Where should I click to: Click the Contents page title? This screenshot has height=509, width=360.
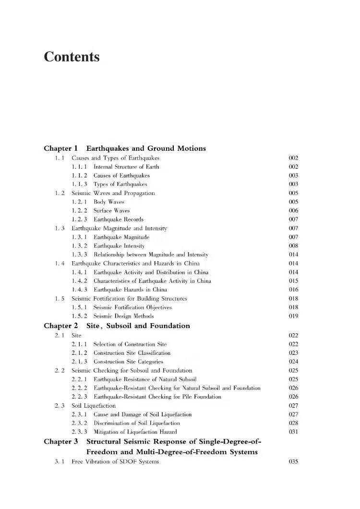click(72, 57)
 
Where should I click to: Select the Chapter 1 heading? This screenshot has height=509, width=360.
click(124, 148)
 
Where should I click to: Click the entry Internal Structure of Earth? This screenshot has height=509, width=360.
click(126, 167)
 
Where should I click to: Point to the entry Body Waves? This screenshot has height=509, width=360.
click(108, 202)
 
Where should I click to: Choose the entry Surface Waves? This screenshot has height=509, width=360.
click(111, 210)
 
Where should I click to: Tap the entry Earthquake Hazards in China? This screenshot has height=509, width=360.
click(130, 290)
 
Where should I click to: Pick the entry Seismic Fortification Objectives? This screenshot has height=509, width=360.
click(132, 307)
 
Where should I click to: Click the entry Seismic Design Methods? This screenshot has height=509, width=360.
click(123, 316)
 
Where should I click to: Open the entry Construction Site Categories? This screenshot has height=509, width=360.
click(128, 362)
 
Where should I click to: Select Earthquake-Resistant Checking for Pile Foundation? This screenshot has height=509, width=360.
click(157, 397)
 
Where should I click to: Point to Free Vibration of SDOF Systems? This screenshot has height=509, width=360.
click(115, 462)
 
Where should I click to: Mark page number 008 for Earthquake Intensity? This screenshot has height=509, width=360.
click(293, 246)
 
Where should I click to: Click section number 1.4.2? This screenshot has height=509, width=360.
click(79, 281)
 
